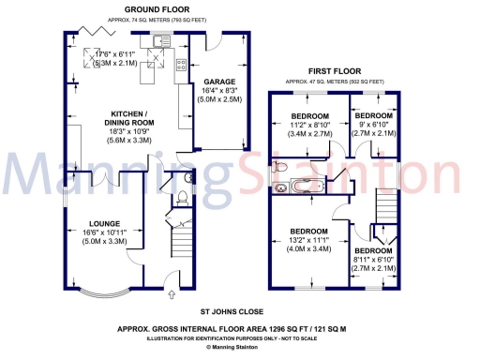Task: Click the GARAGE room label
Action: [219, 82]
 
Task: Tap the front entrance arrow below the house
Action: [172, 295]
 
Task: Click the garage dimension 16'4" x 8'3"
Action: [219, 93]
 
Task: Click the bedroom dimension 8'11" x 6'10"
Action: [373, 262]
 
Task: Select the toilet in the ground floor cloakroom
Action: [182, 197]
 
